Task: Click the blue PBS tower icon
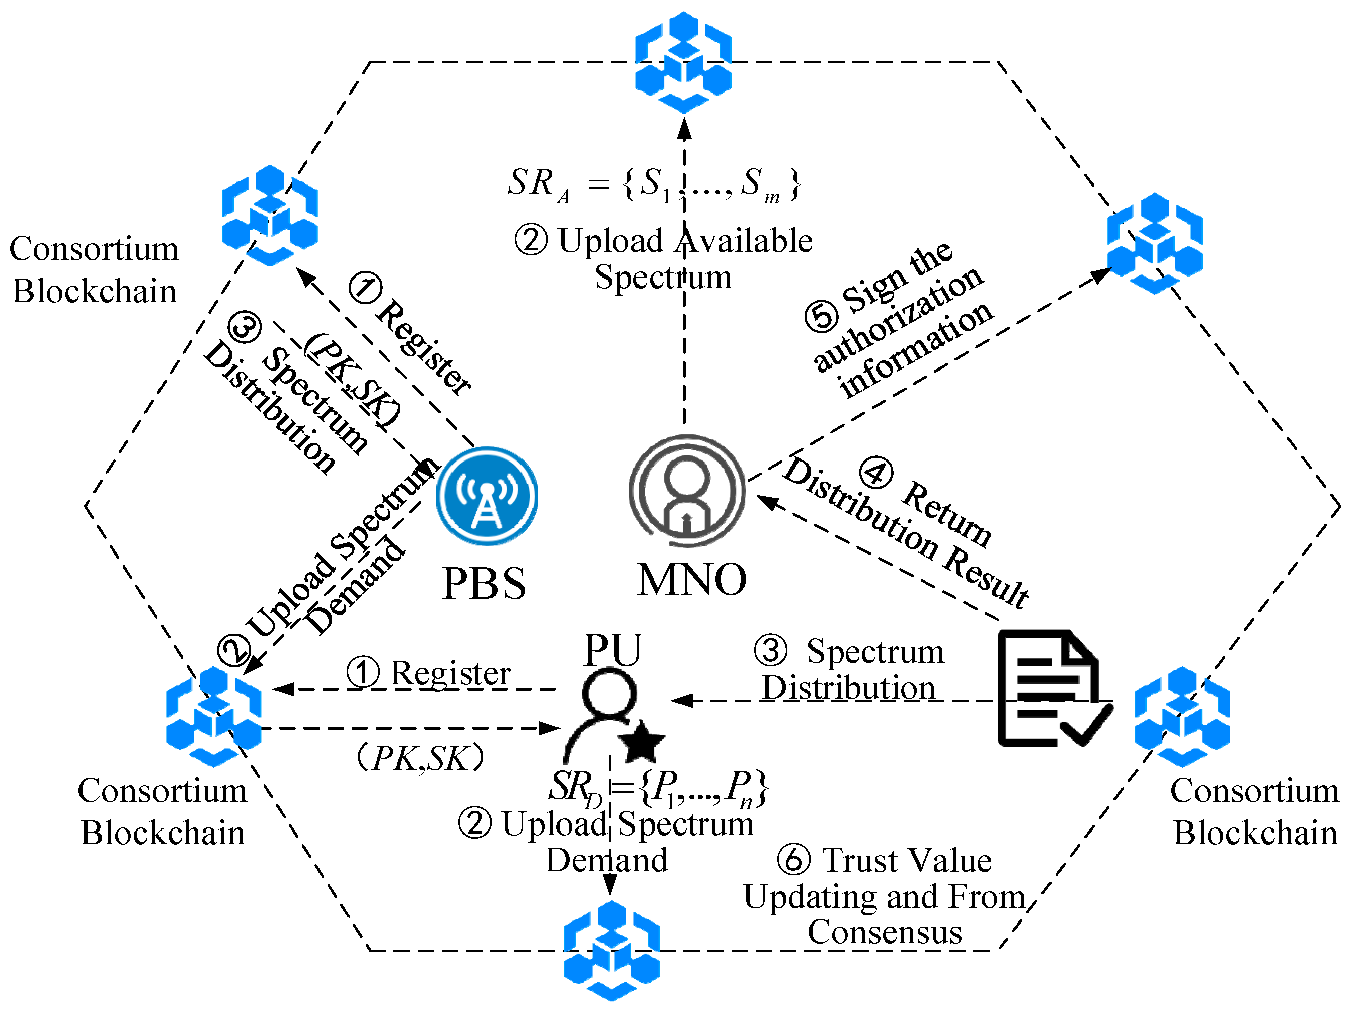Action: coord(488,496)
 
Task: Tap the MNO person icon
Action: coord(687,491)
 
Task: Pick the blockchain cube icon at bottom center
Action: coord(612,950)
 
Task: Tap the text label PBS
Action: coord(484,583)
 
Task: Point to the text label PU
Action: coord(612,650)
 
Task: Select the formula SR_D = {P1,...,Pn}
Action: coord(659,787)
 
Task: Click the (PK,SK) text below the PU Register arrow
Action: coord(420,758)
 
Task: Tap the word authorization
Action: coord(898,319)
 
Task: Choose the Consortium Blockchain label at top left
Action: coord(94,269)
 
